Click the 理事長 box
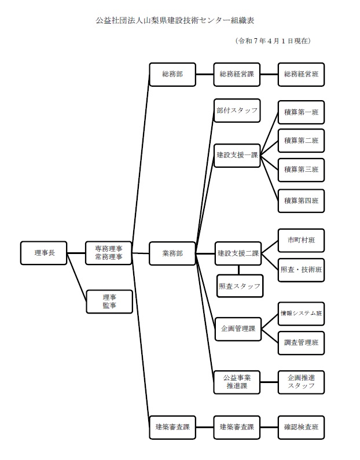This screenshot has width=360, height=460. tap(43, 253)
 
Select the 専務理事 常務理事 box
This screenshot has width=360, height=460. tap(108, 253)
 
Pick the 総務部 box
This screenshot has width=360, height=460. tap(172, 75)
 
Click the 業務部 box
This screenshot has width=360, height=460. tap(172, 253)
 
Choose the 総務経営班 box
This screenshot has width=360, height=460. tap(301, 75)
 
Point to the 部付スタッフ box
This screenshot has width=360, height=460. tap(237, 110)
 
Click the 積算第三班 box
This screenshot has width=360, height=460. tap(301, 170)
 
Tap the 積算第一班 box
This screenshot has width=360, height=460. tap(301, 112)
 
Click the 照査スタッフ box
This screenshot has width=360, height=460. tap(240, 286)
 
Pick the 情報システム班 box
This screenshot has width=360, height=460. tap(301, 314)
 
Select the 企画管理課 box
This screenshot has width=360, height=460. tap(237, 329)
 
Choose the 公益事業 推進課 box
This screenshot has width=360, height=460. tap(237, 381)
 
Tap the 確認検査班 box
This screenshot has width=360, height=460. tap(301, 428)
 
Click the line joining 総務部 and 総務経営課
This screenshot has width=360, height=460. tap(204, 75)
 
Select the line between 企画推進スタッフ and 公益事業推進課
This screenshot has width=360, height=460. tap(269, 381)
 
